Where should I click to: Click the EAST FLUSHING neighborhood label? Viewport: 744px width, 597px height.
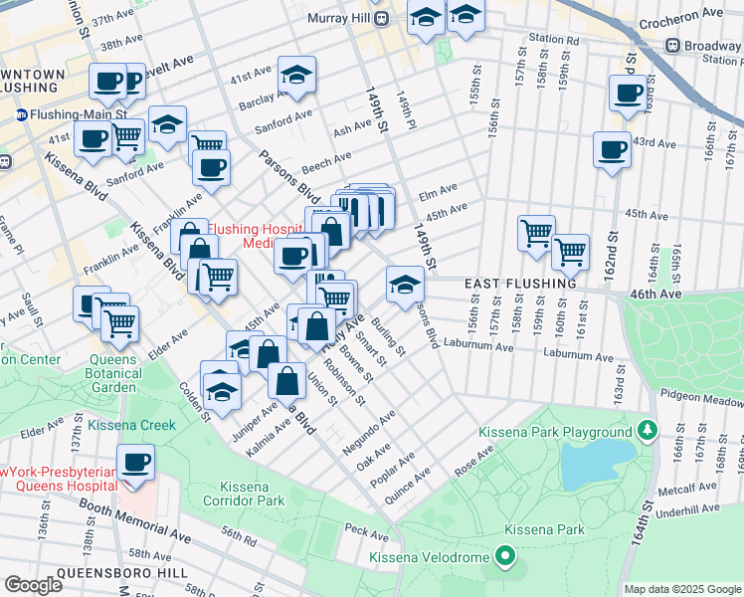pyautogui.click(x=520, y=284)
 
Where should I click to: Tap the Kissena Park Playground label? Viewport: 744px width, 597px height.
pyautogui.click(x=555, y=432)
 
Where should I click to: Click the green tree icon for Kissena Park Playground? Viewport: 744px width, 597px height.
pyautogui.click(x=648, y=430)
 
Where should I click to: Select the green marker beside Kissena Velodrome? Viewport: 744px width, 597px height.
pyautogui.click(x=506, y=557)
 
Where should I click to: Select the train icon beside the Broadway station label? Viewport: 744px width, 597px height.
pyautogui.click(x=673, y=46)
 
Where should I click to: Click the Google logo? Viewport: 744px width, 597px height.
pyautogui.click(x=34, y=585)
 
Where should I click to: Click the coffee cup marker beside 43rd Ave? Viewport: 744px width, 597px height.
pyautogui.click(x=611, y=150)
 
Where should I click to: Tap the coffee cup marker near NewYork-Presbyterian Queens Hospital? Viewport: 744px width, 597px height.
pyautogui.click(x=137, y=463)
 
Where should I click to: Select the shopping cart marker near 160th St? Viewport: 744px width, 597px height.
pyautogui.click(x=570, y=252)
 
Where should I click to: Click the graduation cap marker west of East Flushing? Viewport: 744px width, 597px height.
pyautogui.click(x=404, y=287)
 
